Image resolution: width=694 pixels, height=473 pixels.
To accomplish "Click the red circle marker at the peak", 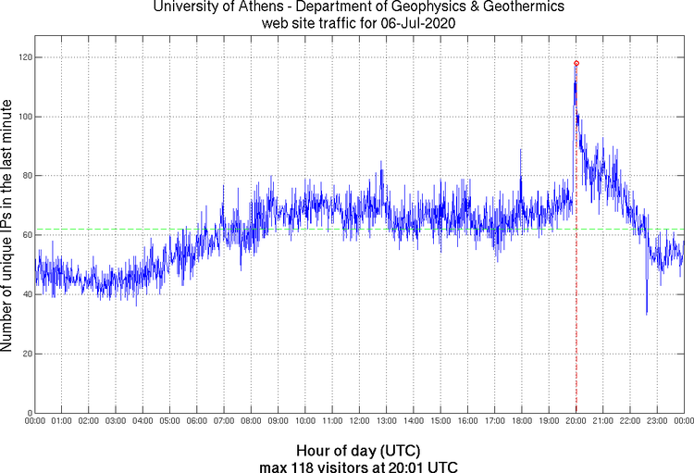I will coord(576,63).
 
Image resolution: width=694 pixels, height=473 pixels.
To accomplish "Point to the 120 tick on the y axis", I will coord(24,57).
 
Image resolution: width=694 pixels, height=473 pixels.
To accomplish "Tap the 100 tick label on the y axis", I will coord(24,117).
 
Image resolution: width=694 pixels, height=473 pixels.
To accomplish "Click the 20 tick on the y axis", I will coord(26,354).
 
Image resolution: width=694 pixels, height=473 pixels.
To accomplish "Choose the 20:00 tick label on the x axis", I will coord(576,421).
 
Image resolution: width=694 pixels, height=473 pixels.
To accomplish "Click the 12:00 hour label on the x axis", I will coord(359,421).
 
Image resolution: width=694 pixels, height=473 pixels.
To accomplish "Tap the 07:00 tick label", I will coord(224,421).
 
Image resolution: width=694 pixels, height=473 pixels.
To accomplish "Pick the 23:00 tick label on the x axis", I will coord(657,421).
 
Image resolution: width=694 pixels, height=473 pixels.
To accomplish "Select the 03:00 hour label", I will coord(116,421).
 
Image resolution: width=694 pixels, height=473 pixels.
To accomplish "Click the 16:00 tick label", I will coord(467,421).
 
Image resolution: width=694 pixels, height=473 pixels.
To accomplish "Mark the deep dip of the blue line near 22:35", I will coord(647,313).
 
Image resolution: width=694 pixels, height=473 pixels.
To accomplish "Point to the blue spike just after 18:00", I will coord(521,151).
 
